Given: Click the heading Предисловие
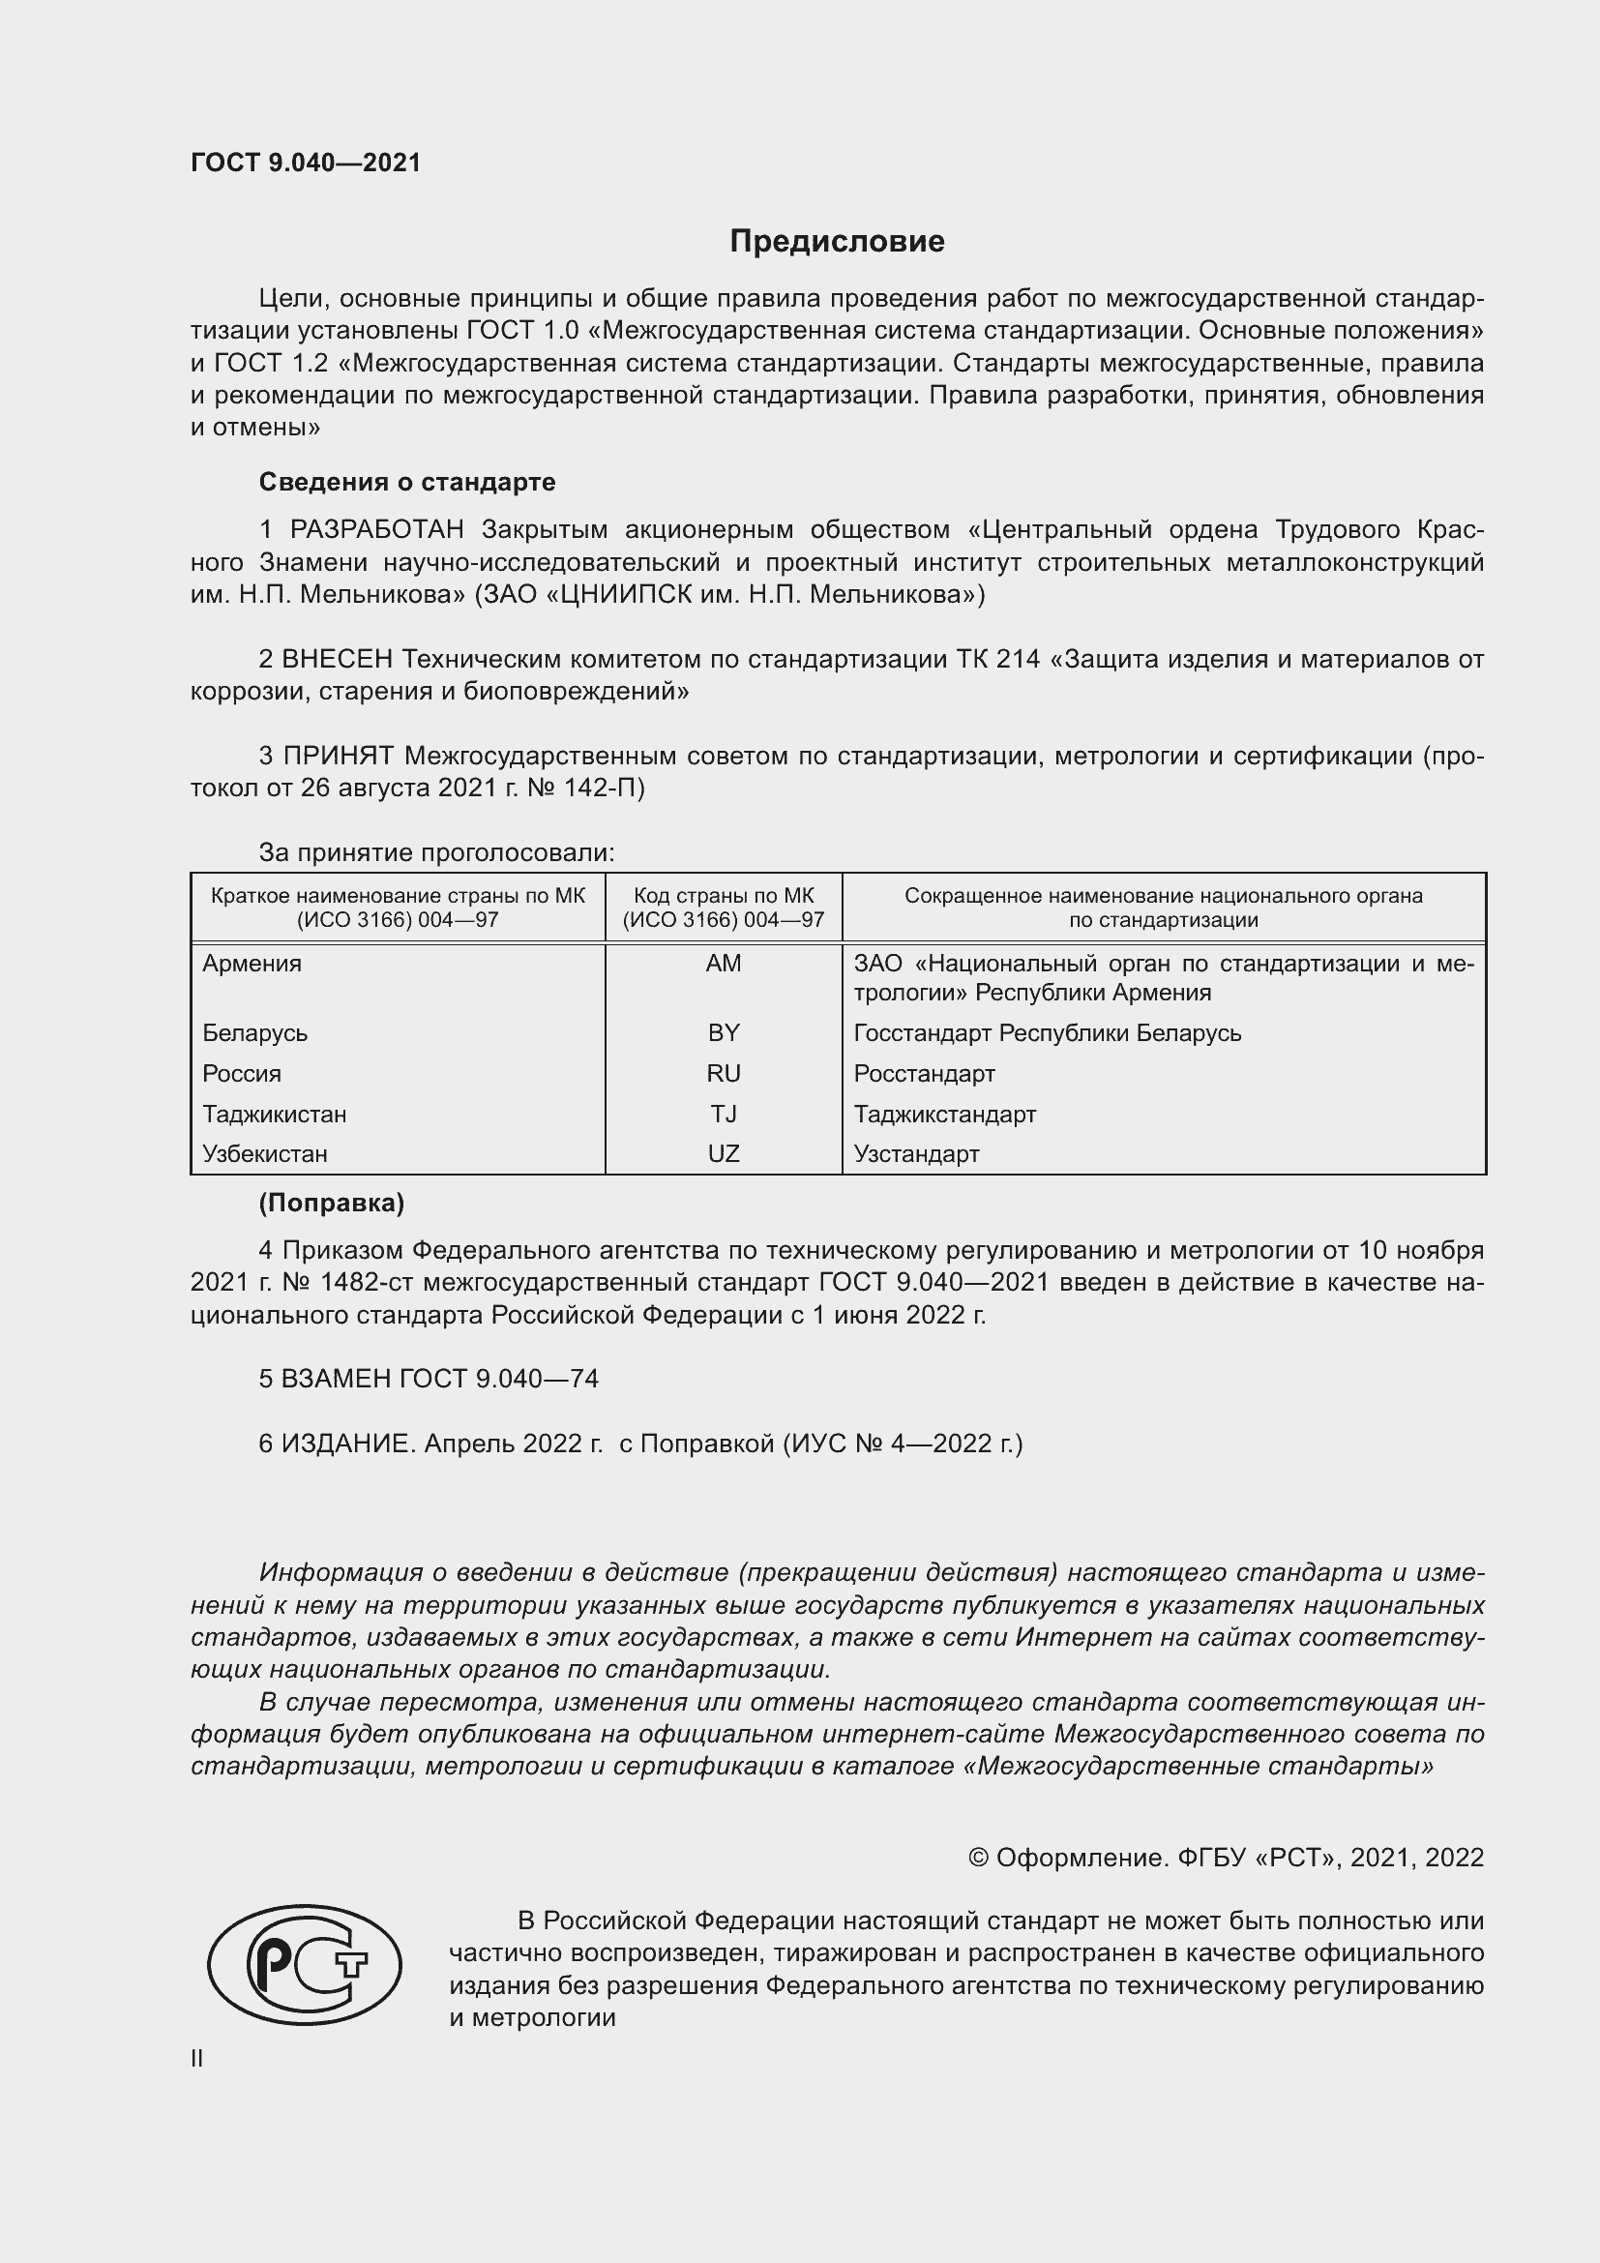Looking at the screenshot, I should pos(837,242).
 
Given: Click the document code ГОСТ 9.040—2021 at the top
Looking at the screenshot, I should pos(306,163).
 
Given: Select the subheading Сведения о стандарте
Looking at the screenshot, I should pos(407,482).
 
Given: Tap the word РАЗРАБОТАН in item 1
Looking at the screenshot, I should pos(376,530).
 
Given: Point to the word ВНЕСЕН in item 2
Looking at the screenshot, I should pos(337,659).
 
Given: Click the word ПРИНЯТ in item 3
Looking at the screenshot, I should pos(338,756).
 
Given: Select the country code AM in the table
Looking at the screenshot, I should pos(724,964).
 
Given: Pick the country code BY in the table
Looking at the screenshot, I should pos(724,1033).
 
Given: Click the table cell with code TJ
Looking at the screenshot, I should pos(724,1114).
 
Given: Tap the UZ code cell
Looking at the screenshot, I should pos(724,1153).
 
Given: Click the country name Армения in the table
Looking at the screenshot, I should pos(252,964).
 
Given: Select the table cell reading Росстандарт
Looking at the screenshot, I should pos(924,1073).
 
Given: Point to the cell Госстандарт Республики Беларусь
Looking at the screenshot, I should pos(1048,1033).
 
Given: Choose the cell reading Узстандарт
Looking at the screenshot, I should pos(916,1153).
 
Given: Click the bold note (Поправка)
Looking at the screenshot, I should pos(331,1203).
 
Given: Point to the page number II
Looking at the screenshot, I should pos(197,2058).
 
